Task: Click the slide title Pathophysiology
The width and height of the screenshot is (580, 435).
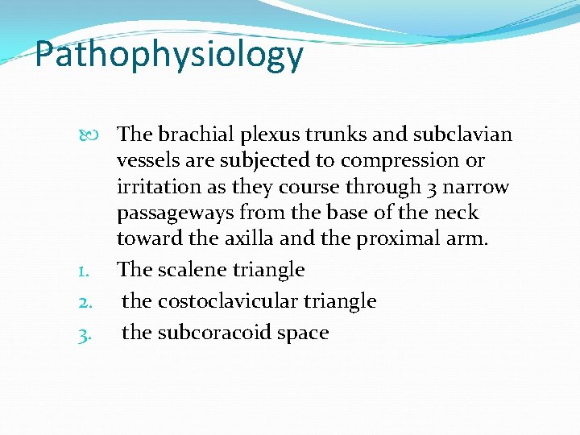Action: pos(169,55)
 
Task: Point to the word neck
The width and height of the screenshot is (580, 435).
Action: pos(457,213)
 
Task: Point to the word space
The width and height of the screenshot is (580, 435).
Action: pos(303,333)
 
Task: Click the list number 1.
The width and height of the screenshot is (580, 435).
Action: pos(84,271)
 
